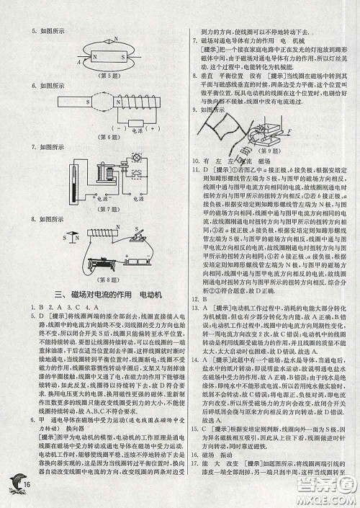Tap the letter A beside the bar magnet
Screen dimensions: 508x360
[77, 62]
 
